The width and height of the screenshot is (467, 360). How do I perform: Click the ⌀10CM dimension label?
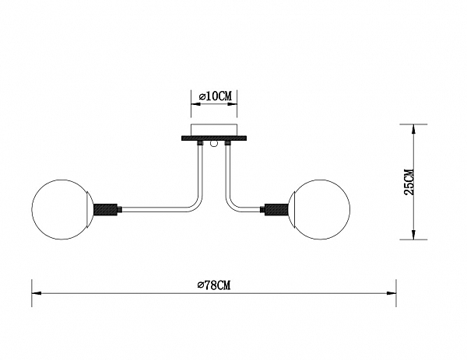[215, 96]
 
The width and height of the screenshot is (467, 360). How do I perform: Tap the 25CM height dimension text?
[409, 182]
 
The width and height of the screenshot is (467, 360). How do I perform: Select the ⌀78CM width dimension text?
[214, 285]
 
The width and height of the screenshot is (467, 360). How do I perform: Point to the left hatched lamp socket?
[105, 209]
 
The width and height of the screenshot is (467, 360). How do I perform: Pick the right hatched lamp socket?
[276, 209]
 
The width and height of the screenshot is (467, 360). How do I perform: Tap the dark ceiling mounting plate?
[214, 138]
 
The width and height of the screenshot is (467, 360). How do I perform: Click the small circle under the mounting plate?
[214, 144]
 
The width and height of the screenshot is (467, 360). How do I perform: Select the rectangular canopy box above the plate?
[214, 130]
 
